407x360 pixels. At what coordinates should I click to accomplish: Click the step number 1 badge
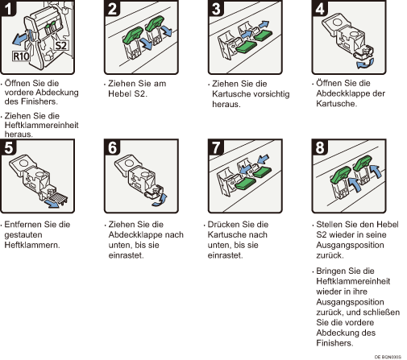click(x=7, y=7)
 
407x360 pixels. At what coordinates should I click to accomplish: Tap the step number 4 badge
click(x=320, y=7)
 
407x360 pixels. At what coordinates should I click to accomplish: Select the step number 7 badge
click(x=216, y=147)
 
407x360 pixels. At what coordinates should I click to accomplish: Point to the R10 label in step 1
click(x=21, y=56)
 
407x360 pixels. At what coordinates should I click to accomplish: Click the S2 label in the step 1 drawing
click(x=60, y=45)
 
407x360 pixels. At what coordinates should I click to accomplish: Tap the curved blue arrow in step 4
click(x=365, y=64)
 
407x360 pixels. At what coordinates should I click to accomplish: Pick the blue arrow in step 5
click(x=52, y=204)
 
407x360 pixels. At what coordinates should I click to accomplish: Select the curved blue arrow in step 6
click(x=160, y=201)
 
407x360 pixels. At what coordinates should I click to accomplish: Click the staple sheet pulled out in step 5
click(x=58, y=198)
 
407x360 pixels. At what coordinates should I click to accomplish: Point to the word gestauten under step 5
click(x=23, y=235)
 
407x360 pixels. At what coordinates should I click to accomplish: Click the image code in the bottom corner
click(x=388, y=357)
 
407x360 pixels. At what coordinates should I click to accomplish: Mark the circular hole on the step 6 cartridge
click(x=129, y=163)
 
